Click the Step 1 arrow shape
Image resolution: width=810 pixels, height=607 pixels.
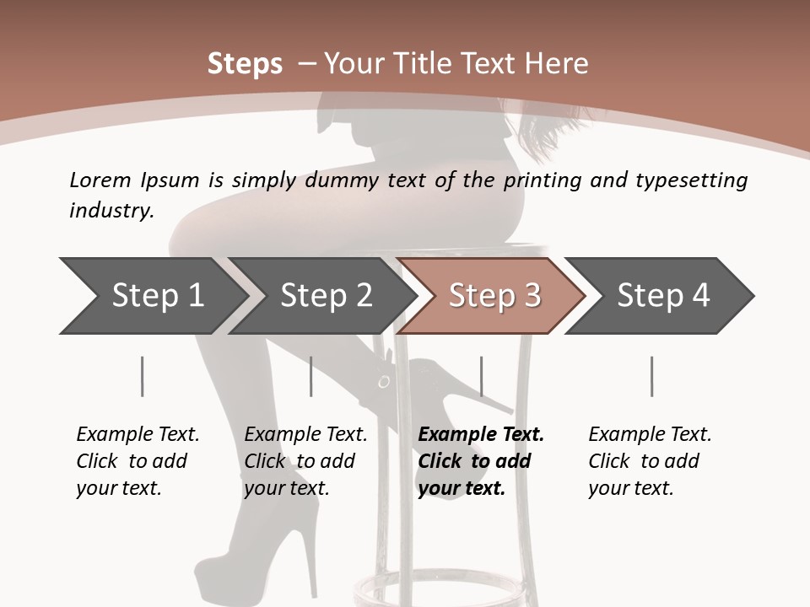(x=152, y=296)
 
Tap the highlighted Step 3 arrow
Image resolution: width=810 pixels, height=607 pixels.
(x=494, y=296)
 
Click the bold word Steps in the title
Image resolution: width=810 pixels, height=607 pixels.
(x=245, y=64)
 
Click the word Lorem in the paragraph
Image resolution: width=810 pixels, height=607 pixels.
(x=100, y=180)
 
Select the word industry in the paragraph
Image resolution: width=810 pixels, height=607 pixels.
(x=111, y=211)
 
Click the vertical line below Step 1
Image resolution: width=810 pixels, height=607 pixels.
(x=143, y=376)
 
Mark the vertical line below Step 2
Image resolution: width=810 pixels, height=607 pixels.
(x=311, y=376)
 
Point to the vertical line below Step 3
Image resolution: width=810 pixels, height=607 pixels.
(x=481, y=376)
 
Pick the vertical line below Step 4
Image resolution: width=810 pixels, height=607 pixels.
(x=651, y=376)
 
